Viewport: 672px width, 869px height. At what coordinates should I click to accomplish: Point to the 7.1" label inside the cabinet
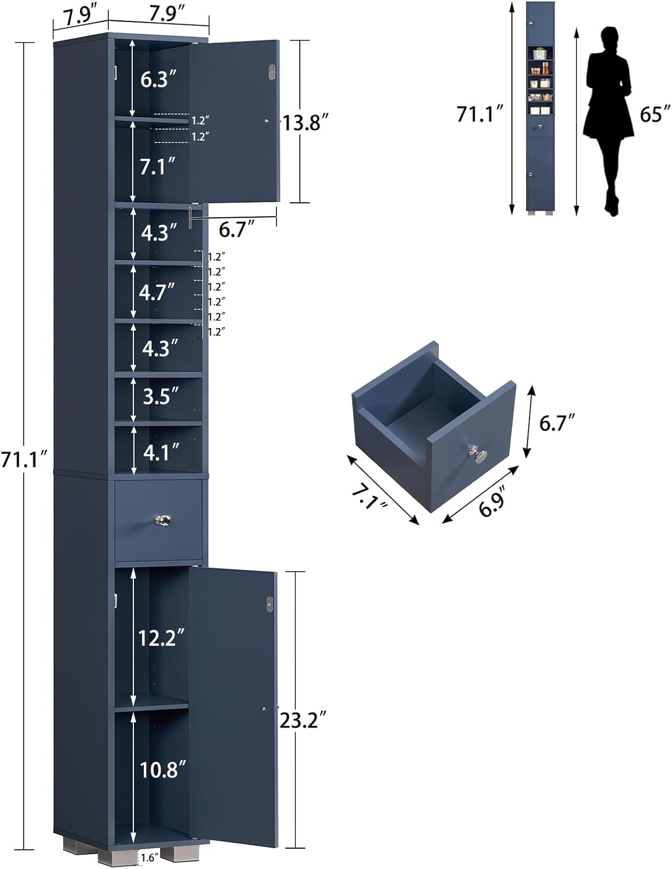[x=158, y=167]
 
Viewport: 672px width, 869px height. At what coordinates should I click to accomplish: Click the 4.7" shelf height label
[x=157, y=292]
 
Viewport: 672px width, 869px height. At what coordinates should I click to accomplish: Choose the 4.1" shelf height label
[x=158, y=452]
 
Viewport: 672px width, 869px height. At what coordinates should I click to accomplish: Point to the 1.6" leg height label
[x=147, y=858]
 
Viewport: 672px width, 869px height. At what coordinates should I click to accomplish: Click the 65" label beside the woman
[x=651, y=114]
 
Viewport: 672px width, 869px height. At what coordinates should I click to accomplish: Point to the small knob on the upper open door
[x=266, y=121]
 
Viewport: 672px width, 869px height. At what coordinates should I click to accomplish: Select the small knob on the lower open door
[x=263, y=709]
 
